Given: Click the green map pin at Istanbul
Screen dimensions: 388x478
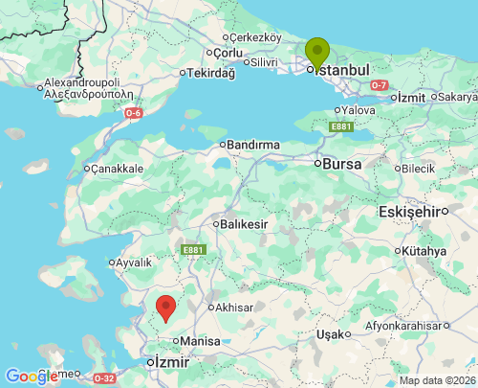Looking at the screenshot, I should coord(317,52).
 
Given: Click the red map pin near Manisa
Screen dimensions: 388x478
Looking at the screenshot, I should coord(165,308).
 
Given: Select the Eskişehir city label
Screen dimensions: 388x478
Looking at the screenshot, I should coord(413,211).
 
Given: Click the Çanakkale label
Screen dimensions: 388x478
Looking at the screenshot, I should coord(117,169).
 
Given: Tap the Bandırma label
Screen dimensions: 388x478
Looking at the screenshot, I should coord(253,145).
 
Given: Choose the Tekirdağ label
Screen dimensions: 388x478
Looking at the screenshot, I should coord(210,73).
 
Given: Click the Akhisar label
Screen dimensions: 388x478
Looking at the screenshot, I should coord(233,308).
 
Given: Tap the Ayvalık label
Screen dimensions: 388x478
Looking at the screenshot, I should coord(134,262).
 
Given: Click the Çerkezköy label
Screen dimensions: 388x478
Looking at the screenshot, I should coord(255,36).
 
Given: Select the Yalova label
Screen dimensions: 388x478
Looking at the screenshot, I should coord(358,110).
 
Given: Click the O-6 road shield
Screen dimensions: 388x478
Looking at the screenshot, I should coord(133,113).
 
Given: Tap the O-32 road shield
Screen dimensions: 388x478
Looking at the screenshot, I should coord(104,378).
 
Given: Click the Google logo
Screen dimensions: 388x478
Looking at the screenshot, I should coord(32,377).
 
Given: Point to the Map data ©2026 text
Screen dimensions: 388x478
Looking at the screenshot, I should coord(436,380).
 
